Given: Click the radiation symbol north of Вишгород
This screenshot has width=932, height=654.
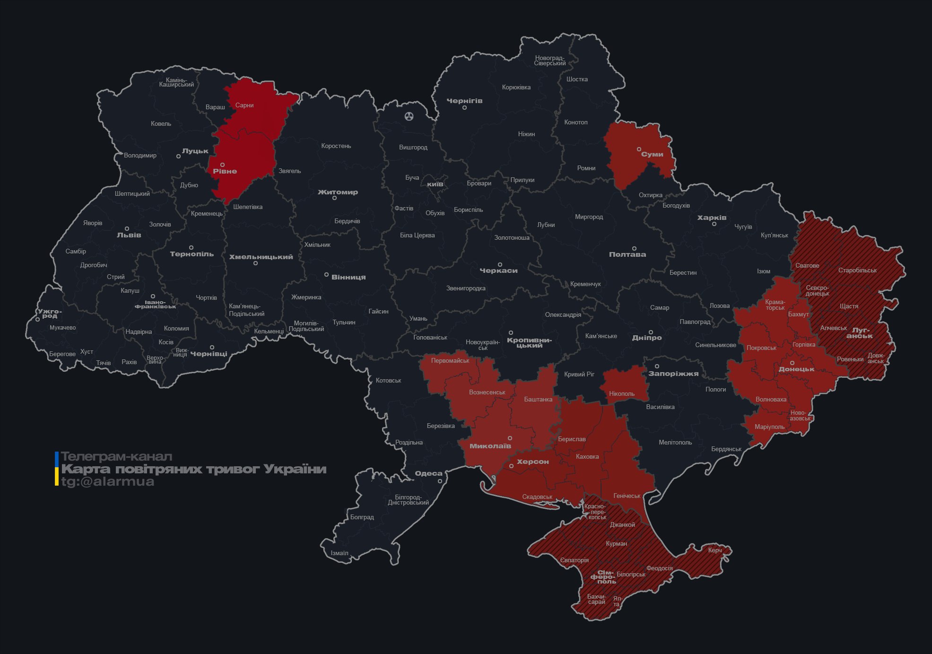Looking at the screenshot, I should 409,116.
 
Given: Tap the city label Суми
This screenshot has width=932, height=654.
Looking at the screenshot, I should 652,154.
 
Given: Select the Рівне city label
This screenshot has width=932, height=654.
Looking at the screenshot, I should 225,171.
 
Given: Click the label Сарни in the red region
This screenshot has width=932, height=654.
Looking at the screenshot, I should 244,105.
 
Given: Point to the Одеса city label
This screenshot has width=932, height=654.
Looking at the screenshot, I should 428,473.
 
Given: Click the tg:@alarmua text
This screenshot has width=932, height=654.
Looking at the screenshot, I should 108,482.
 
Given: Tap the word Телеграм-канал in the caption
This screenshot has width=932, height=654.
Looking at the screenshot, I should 116,457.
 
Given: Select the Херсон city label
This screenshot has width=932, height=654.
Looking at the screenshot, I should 532,462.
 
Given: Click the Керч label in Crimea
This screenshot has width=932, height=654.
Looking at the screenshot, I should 714,550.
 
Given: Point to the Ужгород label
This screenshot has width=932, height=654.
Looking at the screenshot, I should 50,314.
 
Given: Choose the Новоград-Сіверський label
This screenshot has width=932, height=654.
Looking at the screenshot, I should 549,61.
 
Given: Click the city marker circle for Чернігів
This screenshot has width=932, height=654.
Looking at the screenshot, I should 464,108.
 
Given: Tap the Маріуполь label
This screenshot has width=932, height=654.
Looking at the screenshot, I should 769,427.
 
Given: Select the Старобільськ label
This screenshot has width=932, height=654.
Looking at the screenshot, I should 857,270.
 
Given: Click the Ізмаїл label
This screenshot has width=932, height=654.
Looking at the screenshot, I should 340,553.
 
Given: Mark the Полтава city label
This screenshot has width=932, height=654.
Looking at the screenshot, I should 627,254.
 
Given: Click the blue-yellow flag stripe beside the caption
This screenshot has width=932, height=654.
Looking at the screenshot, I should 57,469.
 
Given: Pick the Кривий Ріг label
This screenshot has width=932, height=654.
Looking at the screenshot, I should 579,374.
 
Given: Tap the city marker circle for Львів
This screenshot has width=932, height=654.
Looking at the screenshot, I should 127,228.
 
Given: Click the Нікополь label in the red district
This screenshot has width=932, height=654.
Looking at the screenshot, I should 622,393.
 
